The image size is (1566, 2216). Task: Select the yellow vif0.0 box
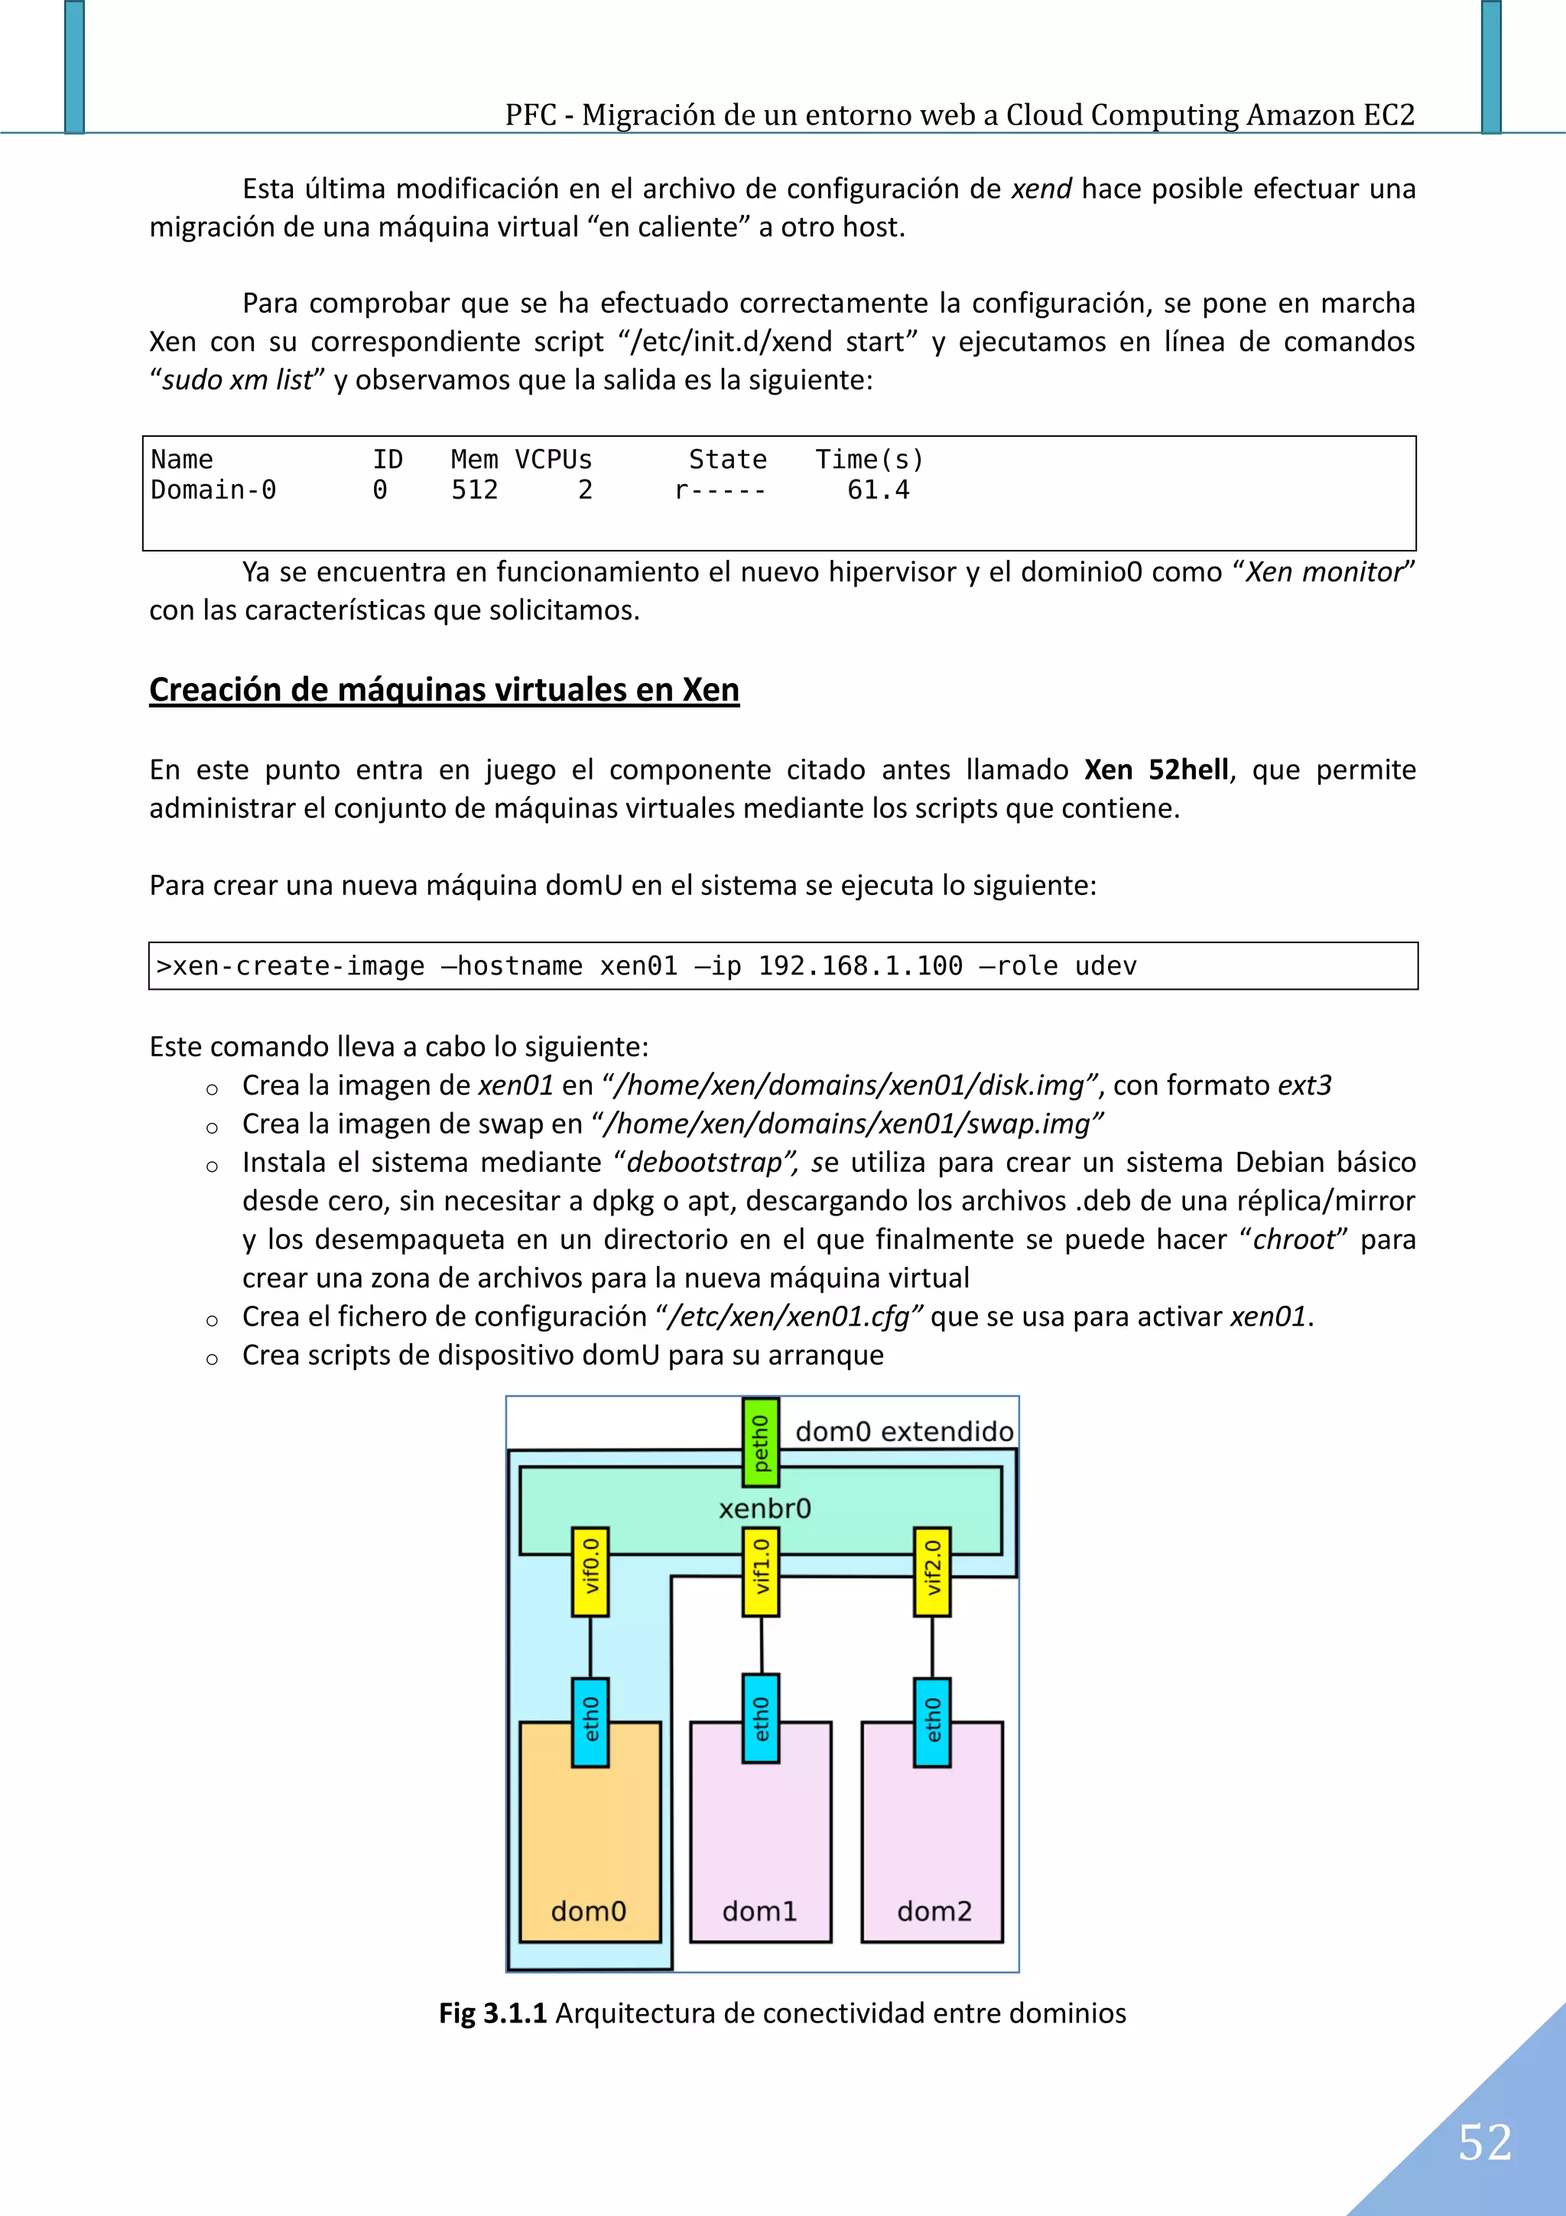(x=590, y=1570)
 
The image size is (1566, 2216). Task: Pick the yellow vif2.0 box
(x=932, y=1570)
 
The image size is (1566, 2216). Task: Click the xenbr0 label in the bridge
(x=764, y=1508)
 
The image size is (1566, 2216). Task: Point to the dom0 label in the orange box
(x=589, y=1910)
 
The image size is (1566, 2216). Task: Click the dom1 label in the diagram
(x=759, y=1910)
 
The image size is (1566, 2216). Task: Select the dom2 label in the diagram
(x=934, y=1910)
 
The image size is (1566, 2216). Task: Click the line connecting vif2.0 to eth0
(x=932, y=1647)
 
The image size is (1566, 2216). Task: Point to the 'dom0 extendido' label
(x=904, y=1431)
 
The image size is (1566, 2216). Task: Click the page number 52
(x=1484, y=2142)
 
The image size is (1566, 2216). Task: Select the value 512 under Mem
(x=475, y=490)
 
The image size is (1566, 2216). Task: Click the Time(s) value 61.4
(x=878, y=490)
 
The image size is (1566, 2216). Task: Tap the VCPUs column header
(x=553, y=460)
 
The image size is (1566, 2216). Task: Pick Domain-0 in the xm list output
(x=213, y=490)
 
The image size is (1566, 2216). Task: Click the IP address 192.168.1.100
(x=859, y=966)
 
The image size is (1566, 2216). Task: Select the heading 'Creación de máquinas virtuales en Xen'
(x=443, y=689)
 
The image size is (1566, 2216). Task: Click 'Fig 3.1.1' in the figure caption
(x=492, y=2013)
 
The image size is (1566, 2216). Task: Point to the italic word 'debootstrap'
(x=704, y=1162)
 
